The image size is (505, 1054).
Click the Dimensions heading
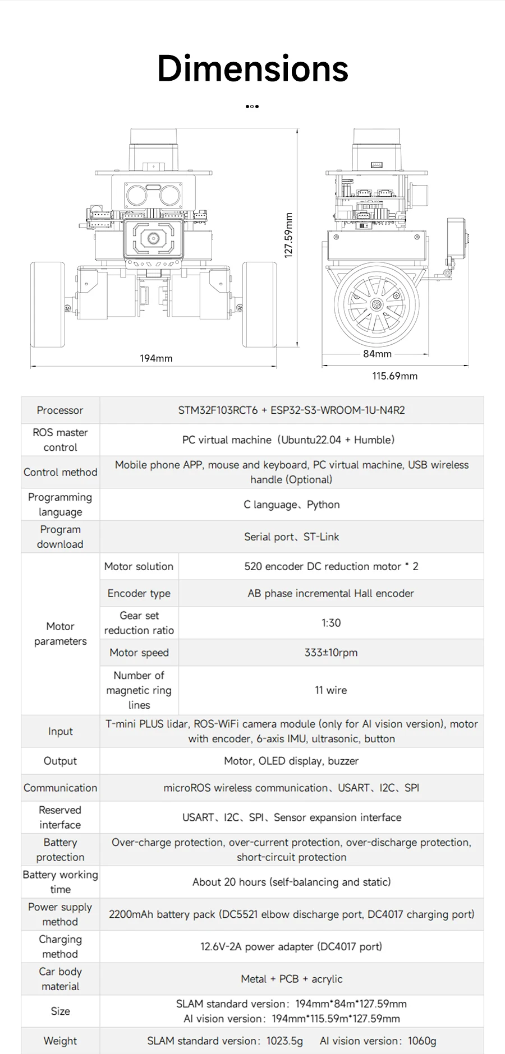point(252,68)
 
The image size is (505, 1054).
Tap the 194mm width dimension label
point(156,358)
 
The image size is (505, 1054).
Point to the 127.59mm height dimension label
point(288,235)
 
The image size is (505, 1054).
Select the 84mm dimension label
point(377,354)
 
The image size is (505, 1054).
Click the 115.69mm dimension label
point(394,376)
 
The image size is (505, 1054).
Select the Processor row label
point(60,410)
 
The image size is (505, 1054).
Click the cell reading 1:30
point(330,623)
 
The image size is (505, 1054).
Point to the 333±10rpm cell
point(330,653)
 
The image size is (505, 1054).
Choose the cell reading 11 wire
point(330,690)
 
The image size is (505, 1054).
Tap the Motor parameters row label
point(60,634)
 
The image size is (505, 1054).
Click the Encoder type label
point(139,593)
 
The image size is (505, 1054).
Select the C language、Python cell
point(291,505)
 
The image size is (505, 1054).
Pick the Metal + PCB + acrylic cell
point(291,979)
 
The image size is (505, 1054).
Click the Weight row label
point(60,1041)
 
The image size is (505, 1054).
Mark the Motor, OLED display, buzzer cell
point(291,761)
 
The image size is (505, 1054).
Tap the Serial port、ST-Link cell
point(291,537)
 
